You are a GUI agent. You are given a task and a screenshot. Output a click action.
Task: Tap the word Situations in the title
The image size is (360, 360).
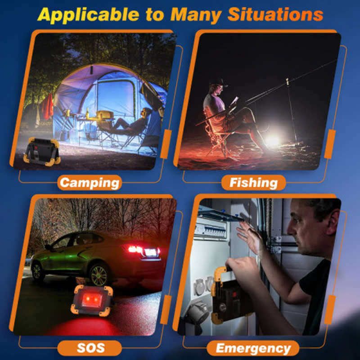(275, 14)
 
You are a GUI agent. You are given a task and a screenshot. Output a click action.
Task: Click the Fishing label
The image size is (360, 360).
(253, 183)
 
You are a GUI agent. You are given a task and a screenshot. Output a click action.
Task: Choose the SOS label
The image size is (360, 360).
(90, 348)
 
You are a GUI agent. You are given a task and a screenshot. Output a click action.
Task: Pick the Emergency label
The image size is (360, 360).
(253, 348)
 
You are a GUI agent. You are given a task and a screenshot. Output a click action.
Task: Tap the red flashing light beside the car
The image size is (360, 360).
(92, 300)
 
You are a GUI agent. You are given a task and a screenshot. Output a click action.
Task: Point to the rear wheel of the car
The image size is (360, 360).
(99, 274)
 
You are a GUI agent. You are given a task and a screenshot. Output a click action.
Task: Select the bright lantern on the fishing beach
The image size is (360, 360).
(273, 140)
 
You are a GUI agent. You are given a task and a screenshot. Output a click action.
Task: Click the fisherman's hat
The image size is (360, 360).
(219, 82)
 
